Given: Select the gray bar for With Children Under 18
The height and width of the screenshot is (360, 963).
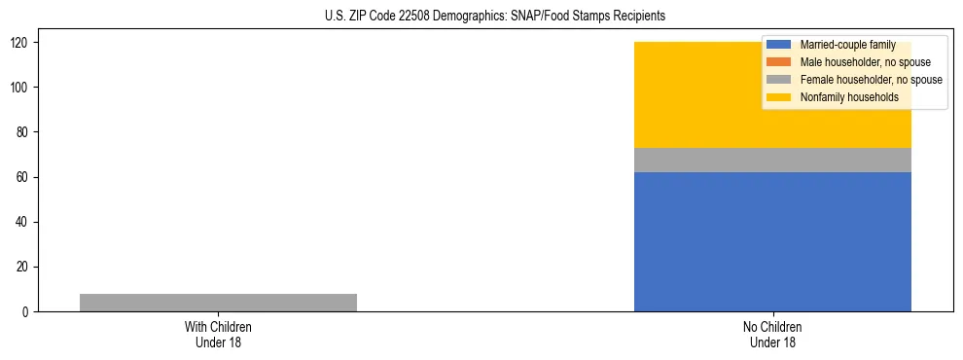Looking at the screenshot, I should [218, 303].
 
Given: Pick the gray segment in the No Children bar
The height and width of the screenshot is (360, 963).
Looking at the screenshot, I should [772, 160].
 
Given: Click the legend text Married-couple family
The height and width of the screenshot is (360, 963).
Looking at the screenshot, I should [847, 45].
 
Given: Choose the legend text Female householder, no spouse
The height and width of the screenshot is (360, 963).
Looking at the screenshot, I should [871, 80].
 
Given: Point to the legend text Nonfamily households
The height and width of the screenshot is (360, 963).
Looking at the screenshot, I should [849, 97].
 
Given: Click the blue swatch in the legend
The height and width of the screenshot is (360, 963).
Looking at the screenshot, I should [779, 45].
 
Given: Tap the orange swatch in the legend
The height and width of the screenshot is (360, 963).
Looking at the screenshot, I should [779, 62].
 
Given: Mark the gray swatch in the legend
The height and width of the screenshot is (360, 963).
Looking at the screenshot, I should [779, 80].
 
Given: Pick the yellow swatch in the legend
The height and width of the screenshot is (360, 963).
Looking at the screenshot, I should [779, 97].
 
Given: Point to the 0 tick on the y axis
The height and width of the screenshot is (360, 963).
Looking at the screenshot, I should [27, 312].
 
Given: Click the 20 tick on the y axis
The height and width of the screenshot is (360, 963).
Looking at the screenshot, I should [24, 268].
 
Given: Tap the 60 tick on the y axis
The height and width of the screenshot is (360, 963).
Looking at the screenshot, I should [24, 177].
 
